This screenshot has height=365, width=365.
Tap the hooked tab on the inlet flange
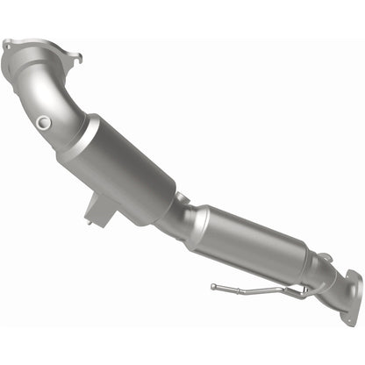pyautogui.click(x=77, y=59)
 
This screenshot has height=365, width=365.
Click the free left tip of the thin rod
pyautogui.click(x=212, y=287)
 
